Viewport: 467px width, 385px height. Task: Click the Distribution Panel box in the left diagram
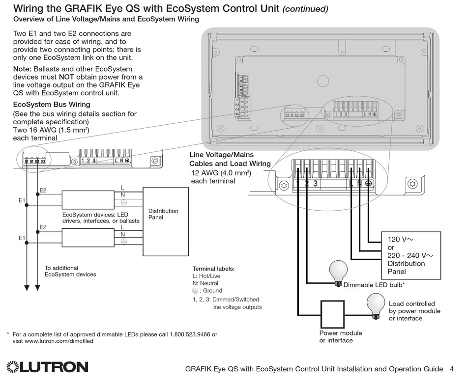pyautogui.click(x=165, y=221)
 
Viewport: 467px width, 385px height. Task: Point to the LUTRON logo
pyautogui.click(x=48, y=367)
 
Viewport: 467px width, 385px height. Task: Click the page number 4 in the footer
pyautogui.click(x=452, y=369)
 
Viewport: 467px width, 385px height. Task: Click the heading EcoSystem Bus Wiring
pyautogui.click(x=52, y=105)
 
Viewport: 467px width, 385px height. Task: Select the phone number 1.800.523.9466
pyautogui.click(x=193, y=334)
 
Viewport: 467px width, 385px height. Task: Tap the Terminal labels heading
pyautogui.click(x=213, y=269)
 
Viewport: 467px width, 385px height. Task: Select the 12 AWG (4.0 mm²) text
pyautogui.click(x=221, y=173)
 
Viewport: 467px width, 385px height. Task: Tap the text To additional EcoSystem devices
pyautogui.click(x=70, y=271)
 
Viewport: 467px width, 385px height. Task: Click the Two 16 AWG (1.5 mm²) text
pyautogui.click(x=51, y=130)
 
